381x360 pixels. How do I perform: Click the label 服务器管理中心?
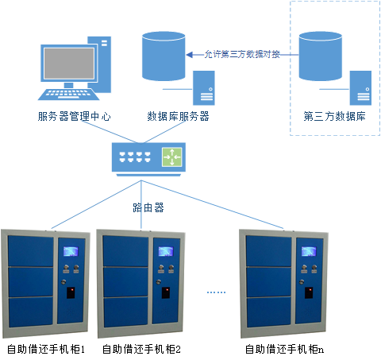75,116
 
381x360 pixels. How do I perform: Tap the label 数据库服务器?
178,116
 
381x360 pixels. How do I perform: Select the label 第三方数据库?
335,116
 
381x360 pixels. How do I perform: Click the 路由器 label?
148,207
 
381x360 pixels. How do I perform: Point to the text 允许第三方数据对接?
242,54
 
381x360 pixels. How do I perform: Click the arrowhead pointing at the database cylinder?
189,55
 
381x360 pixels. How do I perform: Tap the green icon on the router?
172,157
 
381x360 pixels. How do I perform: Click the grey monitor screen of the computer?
69,64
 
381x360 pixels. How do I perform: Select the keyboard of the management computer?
68,95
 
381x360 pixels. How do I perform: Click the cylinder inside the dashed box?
321,56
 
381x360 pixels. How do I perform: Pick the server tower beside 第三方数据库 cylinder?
360,88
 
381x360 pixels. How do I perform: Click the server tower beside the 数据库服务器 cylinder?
204,88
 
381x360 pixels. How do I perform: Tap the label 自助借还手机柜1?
46,349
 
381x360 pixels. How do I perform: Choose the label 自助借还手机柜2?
141,349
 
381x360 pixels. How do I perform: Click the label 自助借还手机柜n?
284,349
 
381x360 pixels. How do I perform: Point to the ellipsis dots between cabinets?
216,292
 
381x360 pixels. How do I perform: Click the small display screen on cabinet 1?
71,251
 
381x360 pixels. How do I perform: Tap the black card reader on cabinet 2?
166,292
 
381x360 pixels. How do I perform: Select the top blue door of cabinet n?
268,251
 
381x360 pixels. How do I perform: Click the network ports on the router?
135,157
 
